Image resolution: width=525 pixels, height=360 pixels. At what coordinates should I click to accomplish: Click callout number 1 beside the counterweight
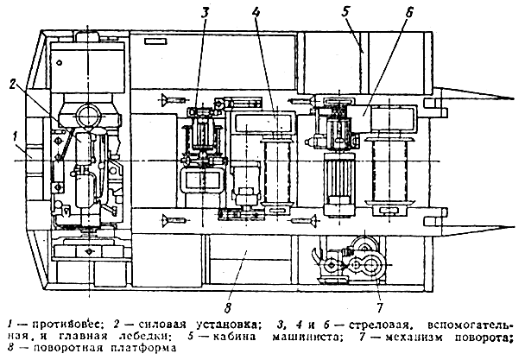coord(15,136)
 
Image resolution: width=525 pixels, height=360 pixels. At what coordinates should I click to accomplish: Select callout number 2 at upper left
coord(13,85)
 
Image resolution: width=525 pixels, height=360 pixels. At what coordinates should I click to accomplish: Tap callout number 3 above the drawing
coord(205,12)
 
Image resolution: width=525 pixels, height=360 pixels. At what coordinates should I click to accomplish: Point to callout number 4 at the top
coord(256,12)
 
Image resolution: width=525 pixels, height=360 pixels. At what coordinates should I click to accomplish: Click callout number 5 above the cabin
coord(345,12)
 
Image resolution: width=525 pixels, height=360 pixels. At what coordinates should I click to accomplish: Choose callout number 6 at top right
coord(409,12)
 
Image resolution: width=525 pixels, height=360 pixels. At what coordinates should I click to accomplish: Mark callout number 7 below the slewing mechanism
coord(379,306)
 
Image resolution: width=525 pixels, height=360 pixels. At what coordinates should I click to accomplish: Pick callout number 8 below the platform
coord(228,307)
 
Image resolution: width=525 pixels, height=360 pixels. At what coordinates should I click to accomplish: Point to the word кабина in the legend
coord(234,336)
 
